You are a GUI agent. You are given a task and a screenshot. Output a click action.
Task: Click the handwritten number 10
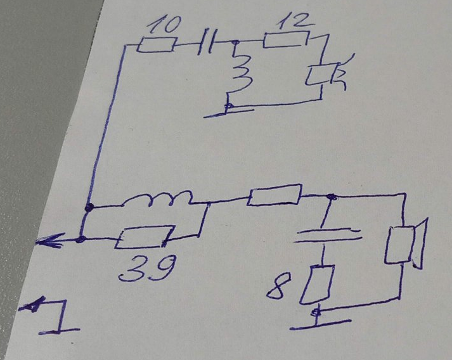click(164, 25)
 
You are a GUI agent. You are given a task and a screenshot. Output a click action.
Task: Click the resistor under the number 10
click(156, 45)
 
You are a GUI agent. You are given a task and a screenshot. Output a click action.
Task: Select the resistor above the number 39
click(144, 238)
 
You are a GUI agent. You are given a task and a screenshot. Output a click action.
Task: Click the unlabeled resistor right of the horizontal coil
click(274, 195)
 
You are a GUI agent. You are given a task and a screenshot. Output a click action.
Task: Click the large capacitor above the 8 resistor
click(328, 235)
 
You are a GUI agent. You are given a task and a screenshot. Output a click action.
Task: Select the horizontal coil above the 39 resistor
click(157, 198)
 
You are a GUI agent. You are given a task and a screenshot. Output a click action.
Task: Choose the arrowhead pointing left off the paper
click(49, 241)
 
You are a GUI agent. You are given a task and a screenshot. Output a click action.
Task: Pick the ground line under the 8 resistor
click(321, 325)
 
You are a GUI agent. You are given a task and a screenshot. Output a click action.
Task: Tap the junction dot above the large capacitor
click(332, 197)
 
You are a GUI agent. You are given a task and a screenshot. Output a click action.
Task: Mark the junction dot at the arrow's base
click(81, 239)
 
